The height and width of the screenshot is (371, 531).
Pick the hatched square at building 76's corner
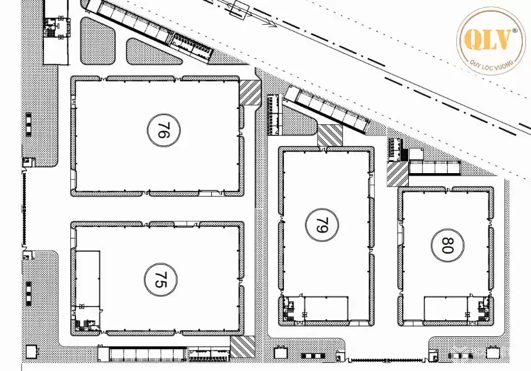tap(250, 93)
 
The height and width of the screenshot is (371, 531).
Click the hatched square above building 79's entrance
tap(330, 135)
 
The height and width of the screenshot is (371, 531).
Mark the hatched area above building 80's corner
tap(396, 173)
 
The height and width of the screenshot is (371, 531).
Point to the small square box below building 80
tap(492, 352)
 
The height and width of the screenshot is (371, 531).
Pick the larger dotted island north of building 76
tap(98, 40)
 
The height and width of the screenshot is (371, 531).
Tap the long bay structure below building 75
tap(143, 354)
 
